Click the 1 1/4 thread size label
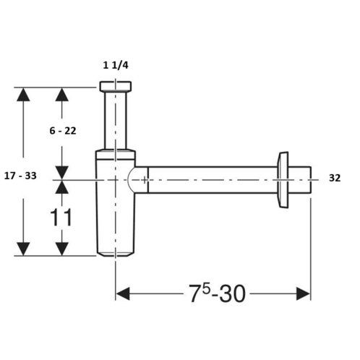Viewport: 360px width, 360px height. pyautogui.click(x=116, y=65)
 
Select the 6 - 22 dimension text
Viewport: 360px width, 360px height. pyautogui.click(x=63, y=131)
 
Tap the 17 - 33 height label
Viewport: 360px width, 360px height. pyautogui.click(x=20, y=176)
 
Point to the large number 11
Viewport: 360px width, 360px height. pyautogui.click(x=61, y=217)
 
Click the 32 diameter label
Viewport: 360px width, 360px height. pyautogui.click(x=335, y=178)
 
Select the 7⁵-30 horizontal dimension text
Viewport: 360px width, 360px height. pyautogui.click(x=217, y=293)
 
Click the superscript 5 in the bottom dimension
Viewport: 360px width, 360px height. pyautogui.click(x=206, y=289)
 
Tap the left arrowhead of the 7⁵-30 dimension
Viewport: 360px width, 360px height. pyautogui.click(x=123, y=293)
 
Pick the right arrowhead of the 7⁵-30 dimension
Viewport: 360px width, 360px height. pyautogui.click(x=304, y=293)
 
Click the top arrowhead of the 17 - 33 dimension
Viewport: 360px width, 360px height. pyautogui.click(x=23, y=95)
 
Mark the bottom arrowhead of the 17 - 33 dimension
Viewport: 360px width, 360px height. pyautogui.click(x=23, y=249)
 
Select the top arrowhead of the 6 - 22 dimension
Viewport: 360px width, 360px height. pyautogui.click(x=62, y=95)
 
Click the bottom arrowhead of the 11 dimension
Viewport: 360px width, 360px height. pyautogui.click(x=62, y=249)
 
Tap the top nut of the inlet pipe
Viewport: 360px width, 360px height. pyautogui.click(x=116, y=87)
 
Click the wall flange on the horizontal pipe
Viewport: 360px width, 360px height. pyautogui.click(x=283, y=180)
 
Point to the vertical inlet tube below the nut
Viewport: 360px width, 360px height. pyautogui.click(x=116, y=120)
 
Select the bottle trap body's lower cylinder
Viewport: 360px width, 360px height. pyautogui.click(x=116, y=208)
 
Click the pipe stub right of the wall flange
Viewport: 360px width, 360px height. pyautogui.click(x=299, y=180)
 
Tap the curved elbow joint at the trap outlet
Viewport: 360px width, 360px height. pyautogui.click(x=138, y=180)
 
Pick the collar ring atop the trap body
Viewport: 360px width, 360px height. pyautogui.click(x=116, y=155)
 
